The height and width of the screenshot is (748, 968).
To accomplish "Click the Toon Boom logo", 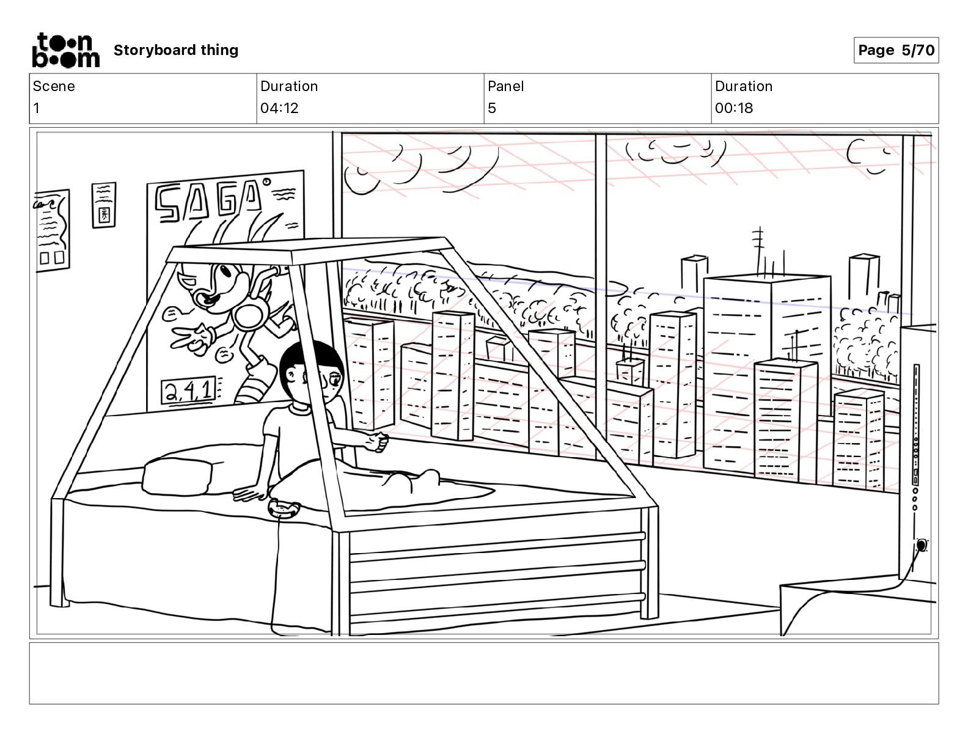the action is (65, 50).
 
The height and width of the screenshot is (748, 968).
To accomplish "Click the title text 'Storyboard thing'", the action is (176, 50).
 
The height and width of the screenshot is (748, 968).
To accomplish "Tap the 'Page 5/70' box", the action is (896, 50).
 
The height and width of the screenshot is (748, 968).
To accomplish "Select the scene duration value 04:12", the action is (279, 108).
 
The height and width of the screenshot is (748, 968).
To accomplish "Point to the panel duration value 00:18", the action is (734, 108).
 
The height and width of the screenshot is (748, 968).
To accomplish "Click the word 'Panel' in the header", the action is (505, 86).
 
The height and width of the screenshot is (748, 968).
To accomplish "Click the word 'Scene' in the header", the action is (54, 86).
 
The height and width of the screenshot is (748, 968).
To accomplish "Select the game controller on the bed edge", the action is (284, 508).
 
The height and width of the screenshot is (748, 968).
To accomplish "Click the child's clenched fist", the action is (380, 442).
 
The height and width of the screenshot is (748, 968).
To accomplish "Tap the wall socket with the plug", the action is (921, 545).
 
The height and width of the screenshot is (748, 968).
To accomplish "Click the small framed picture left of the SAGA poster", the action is (104, 205).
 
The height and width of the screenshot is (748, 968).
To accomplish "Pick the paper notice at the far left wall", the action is (53, 229).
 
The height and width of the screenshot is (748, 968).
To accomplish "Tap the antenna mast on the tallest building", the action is (758, 251).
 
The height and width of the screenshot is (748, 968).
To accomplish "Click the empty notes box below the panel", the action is (483, 673).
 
